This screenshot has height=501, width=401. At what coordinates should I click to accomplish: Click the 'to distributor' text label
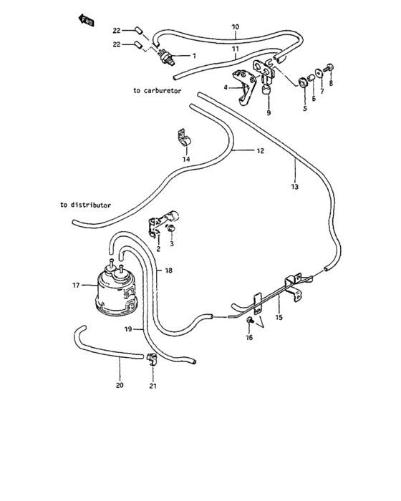[x=86, y=204]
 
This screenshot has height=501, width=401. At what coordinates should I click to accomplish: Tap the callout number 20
[x=120, y=384]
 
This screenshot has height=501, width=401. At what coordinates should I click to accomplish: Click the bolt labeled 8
[x=329, y=68]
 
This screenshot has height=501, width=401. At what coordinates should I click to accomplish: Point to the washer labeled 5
[x=304, y=81]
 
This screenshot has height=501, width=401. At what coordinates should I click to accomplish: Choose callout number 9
[x=269, y=112]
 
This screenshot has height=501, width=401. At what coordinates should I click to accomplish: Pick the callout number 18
[x=168, y=271]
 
